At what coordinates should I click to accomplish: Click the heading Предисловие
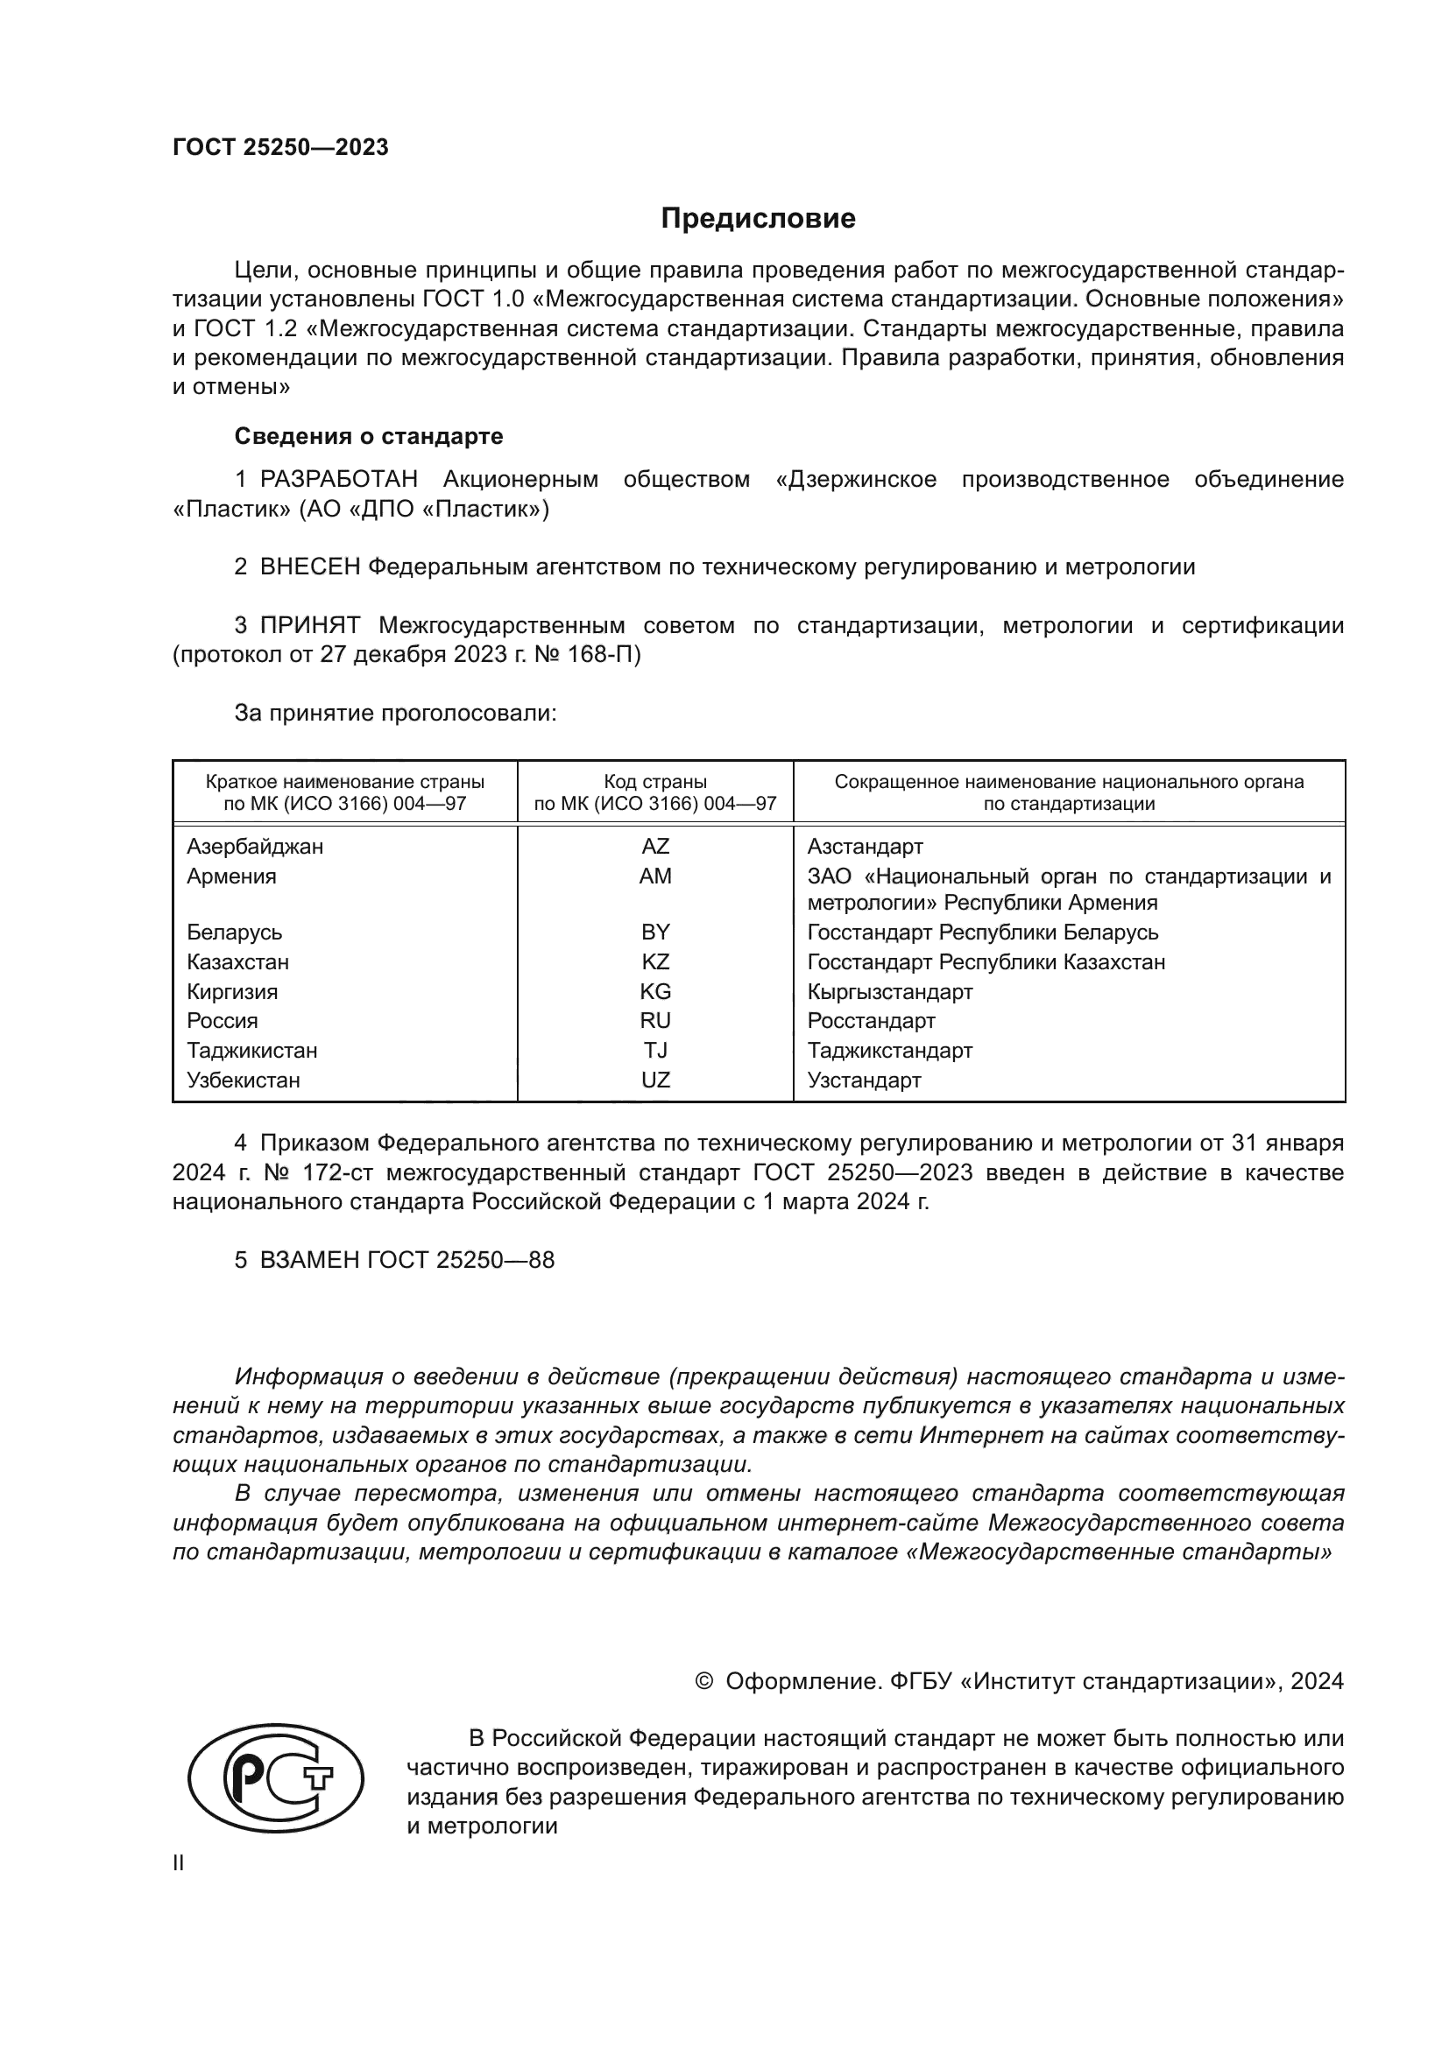[x=758, y=219]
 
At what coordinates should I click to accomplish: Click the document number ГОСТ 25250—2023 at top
[x=280, y=147]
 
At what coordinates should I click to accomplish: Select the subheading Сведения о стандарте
[x=369, y=436]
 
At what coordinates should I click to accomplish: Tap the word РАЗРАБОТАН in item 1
[x=338, y=480]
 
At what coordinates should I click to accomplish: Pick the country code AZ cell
[x=655, y=847]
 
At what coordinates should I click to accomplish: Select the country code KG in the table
[x=655, y=992]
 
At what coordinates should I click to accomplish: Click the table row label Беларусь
[x=234, y=933]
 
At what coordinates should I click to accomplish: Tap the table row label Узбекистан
[x=243, y=1080]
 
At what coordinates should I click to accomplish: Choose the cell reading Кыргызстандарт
[x=889, y=992]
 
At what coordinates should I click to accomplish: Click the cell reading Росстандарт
[x=871, y=1020]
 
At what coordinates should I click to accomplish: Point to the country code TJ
[x=655, y=1051]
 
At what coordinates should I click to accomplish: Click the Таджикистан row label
[x=251, y=1051]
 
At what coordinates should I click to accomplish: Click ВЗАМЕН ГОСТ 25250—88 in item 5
[x=406, y=1260]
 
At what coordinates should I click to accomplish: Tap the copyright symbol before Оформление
[x=703, y=1682]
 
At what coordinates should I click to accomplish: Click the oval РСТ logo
[x=277, y=1777]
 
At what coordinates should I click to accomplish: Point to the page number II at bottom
[x=179, y=1863]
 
